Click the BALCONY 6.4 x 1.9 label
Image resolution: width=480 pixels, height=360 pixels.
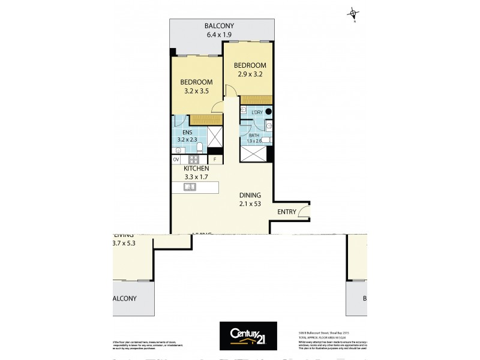[219, 30]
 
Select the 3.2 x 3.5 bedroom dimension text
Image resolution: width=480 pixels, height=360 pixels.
[196, 92]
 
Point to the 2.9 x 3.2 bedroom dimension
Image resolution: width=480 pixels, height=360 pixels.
[249, 74]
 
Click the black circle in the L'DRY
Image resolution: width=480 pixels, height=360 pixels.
[269, 111]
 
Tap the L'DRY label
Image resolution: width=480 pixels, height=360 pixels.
[257, 112]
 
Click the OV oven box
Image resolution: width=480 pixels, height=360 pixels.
[176, 160]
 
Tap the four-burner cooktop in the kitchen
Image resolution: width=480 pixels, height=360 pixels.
[194, 160]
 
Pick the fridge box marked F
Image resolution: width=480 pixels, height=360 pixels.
[215, 160]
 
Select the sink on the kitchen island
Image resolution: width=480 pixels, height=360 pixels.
[190, 187]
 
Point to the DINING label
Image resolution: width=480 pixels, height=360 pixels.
[249, 196]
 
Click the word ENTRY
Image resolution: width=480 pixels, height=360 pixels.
[287, 212]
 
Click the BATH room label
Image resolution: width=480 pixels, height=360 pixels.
[254, 136]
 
